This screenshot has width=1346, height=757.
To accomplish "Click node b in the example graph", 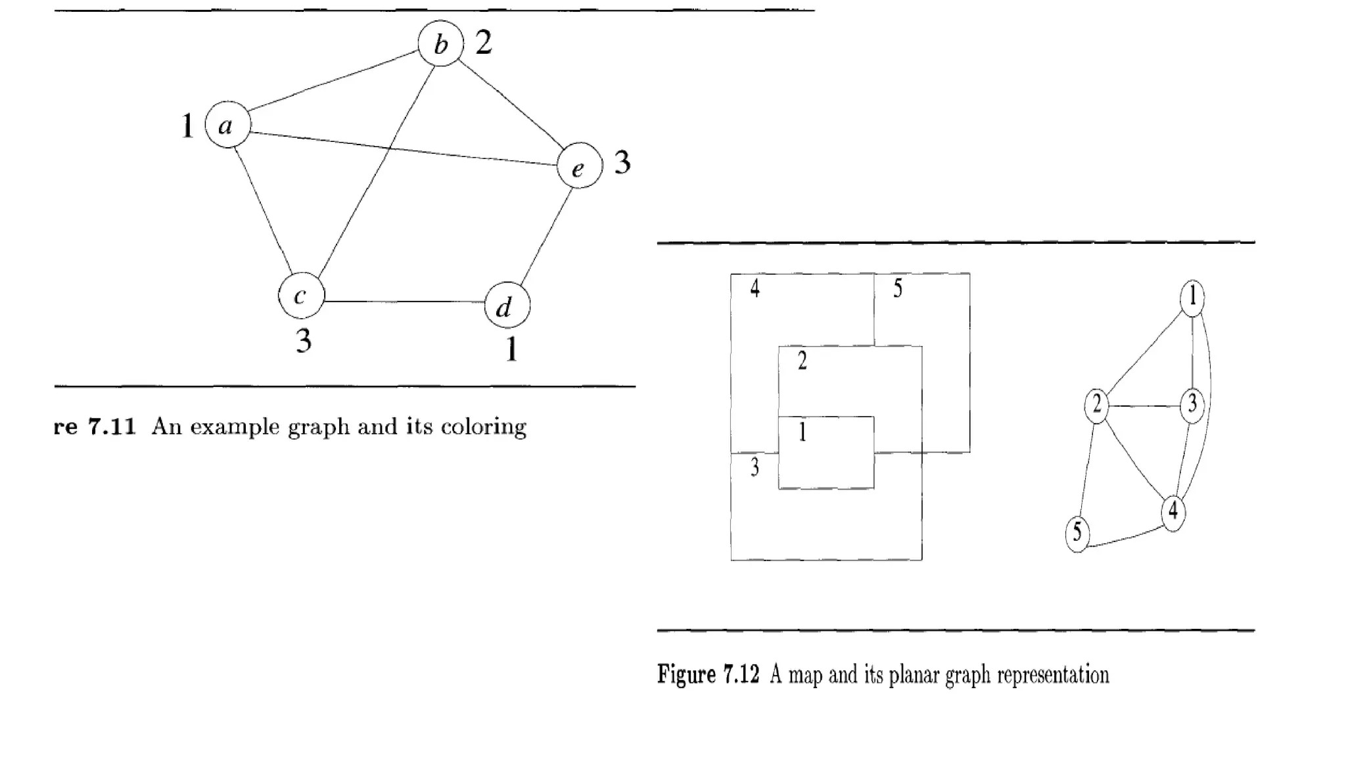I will point(441,44).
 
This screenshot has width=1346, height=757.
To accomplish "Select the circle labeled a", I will point(227,124).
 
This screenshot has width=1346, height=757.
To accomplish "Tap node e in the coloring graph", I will point(579,166).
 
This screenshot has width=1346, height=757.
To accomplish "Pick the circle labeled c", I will point(302,296).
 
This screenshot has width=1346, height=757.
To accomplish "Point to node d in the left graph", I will point(507,306).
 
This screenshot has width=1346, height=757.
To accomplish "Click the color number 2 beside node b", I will point(484,43).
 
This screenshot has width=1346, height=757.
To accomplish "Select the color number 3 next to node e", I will point(622,162).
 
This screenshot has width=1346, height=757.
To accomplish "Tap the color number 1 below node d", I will point(511,349).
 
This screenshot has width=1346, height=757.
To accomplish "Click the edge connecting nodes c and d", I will point(404,302).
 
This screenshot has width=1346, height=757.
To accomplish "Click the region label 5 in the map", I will point(898,288).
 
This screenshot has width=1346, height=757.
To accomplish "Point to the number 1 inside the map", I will point(802,432).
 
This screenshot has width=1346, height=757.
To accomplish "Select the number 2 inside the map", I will point(802,361).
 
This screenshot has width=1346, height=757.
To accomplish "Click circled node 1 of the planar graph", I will point(1192,297).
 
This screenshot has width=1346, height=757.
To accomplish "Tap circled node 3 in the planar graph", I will point(1192,405).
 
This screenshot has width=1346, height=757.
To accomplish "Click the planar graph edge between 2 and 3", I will point(1144,405).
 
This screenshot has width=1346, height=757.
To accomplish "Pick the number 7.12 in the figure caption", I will point(741,675).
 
